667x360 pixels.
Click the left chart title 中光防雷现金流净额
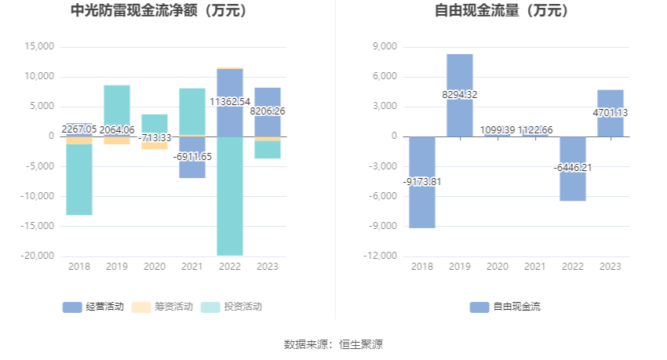click(159, 11)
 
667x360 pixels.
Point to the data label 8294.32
click(460, 95)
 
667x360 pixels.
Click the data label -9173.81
click(422, 182)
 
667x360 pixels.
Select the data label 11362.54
click(230, 101)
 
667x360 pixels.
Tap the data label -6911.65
click(192, 157)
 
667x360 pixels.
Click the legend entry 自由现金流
click(505, 307)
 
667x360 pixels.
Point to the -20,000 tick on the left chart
click(38, 256)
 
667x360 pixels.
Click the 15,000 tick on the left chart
click(39, 46)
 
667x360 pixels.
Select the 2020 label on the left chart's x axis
click(155, 267)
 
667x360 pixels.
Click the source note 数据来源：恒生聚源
click(333, 344)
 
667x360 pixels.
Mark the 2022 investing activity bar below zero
click(230, 196)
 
